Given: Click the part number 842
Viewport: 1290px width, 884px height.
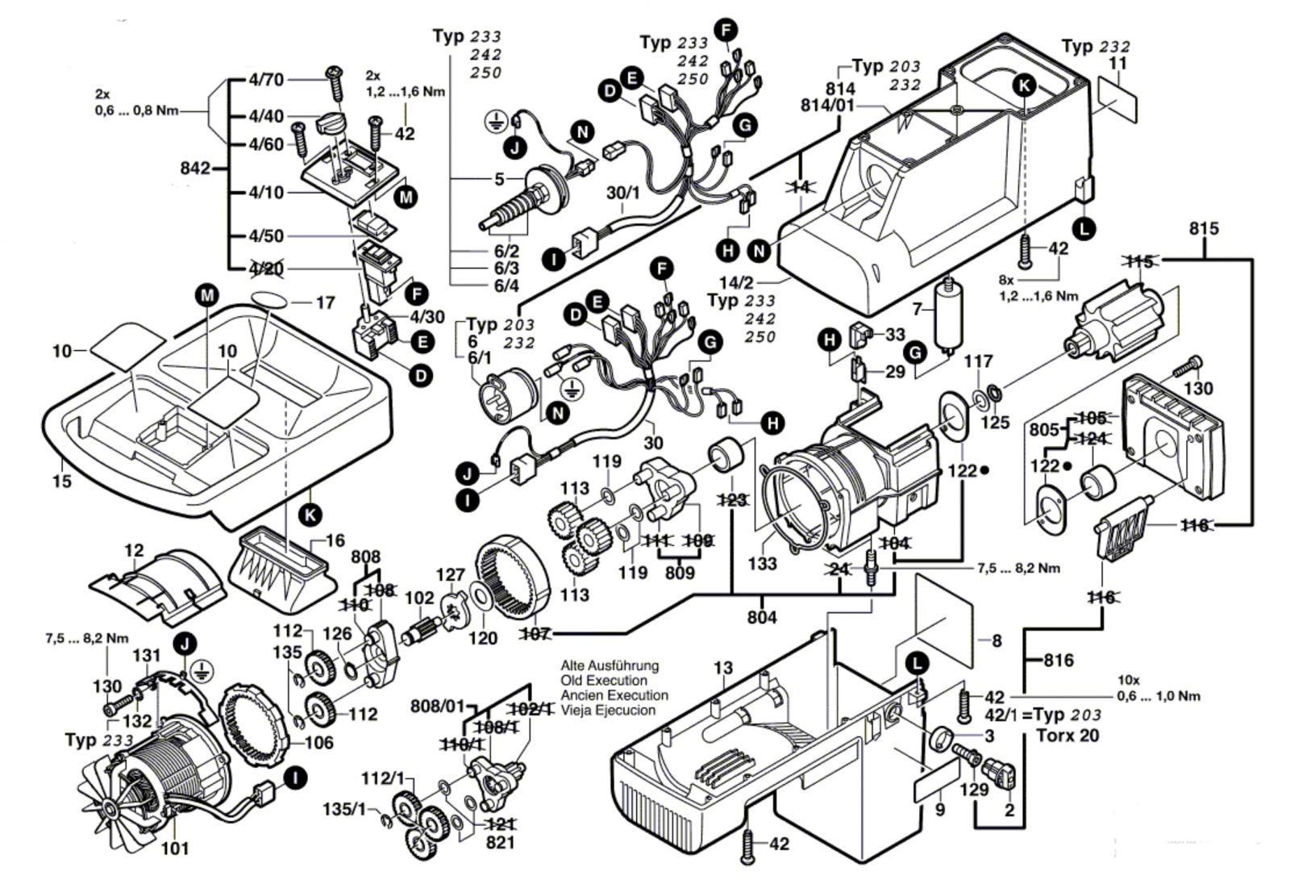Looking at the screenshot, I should [196, 169].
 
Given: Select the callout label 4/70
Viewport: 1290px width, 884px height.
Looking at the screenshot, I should [266, 79].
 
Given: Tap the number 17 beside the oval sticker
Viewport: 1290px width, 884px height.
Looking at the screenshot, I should [325, 303].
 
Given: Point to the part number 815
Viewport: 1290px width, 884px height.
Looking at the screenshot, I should [1204, 228].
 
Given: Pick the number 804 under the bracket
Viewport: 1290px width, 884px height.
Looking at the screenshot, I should [762, 617].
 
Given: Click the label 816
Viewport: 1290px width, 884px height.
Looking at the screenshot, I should [1058, 661].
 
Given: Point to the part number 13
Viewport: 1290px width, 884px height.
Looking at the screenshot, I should [723, 668].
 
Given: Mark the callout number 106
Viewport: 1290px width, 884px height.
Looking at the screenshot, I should [318, 742].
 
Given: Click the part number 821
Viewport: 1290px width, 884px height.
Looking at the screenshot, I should [500, 842].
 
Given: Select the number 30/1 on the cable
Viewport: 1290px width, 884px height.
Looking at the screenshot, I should [622, 194].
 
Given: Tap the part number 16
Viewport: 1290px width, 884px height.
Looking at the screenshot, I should [335, 540].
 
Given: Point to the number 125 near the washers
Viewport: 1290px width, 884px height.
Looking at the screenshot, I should [995, 422].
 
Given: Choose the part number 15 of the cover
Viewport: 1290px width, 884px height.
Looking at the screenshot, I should [61, 482].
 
